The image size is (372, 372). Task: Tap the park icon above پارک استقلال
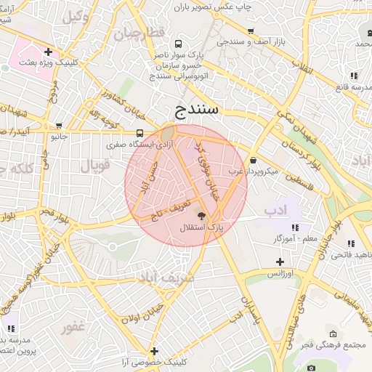201,216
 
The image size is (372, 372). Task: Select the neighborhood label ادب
276,211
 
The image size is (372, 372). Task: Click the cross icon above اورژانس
279,262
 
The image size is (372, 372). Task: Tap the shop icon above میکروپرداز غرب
252,160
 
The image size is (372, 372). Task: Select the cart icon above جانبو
57,124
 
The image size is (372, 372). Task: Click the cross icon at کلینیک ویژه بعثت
48,52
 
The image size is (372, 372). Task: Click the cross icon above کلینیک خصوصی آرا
153,351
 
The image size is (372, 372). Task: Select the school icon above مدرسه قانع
353,76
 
